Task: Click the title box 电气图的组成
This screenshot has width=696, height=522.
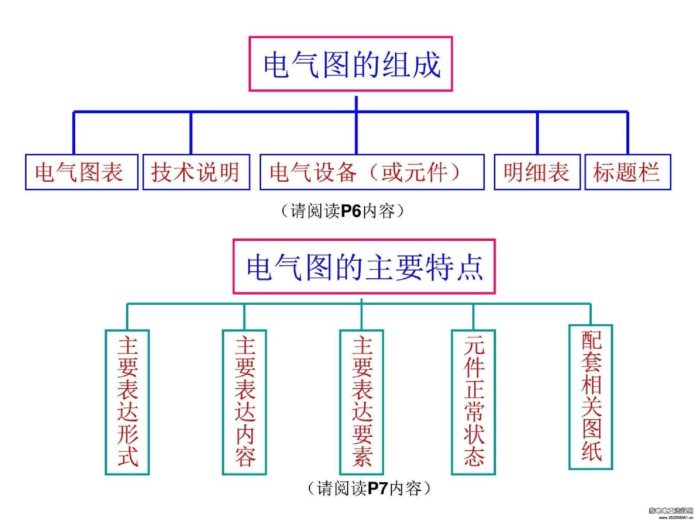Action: (x=350, y=64)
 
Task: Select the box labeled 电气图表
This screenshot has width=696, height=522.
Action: (x=82, y=172)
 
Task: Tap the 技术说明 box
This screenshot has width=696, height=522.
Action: (x=196, y=172)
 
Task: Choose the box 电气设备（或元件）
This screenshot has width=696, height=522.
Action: (x=372, y=172)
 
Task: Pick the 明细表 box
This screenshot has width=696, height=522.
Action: (x=537, y=172)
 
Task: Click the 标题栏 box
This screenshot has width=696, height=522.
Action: (x=627, y=172)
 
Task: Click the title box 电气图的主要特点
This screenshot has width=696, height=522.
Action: (x=364, y=267)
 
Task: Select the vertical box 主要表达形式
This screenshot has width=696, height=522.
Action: (x=127, y=402)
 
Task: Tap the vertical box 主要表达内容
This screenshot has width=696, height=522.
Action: (x=244, y=402)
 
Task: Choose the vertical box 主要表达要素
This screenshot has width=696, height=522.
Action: (x=361, y=402)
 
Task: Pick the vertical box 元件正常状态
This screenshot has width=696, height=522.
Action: (x=473, y=402)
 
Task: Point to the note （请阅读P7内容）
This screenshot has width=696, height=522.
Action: (x=369, y=488)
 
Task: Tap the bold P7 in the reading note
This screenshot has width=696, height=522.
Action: (x=378, y=488)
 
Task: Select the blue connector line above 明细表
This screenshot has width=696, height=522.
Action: (x=537, y=133)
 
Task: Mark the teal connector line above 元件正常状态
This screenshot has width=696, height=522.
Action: (x=473, y=316)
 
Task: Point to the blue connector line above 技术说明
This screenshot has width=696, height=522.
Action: (x=191, y=133)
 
